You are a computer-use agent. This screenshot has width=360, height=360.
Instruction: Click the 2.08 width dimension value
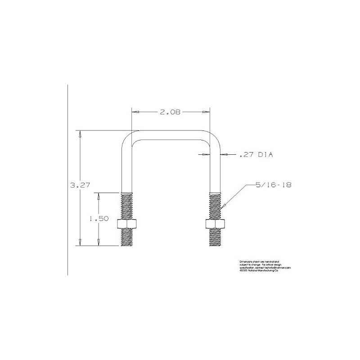[x=170, y=112]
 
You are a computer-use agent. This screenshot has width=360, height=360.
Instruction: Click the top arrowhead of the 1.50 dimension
[x=99, y=195]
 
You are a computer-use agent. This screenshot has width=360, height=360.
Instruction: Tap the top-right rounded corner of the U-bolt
[x=214, y=138]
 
